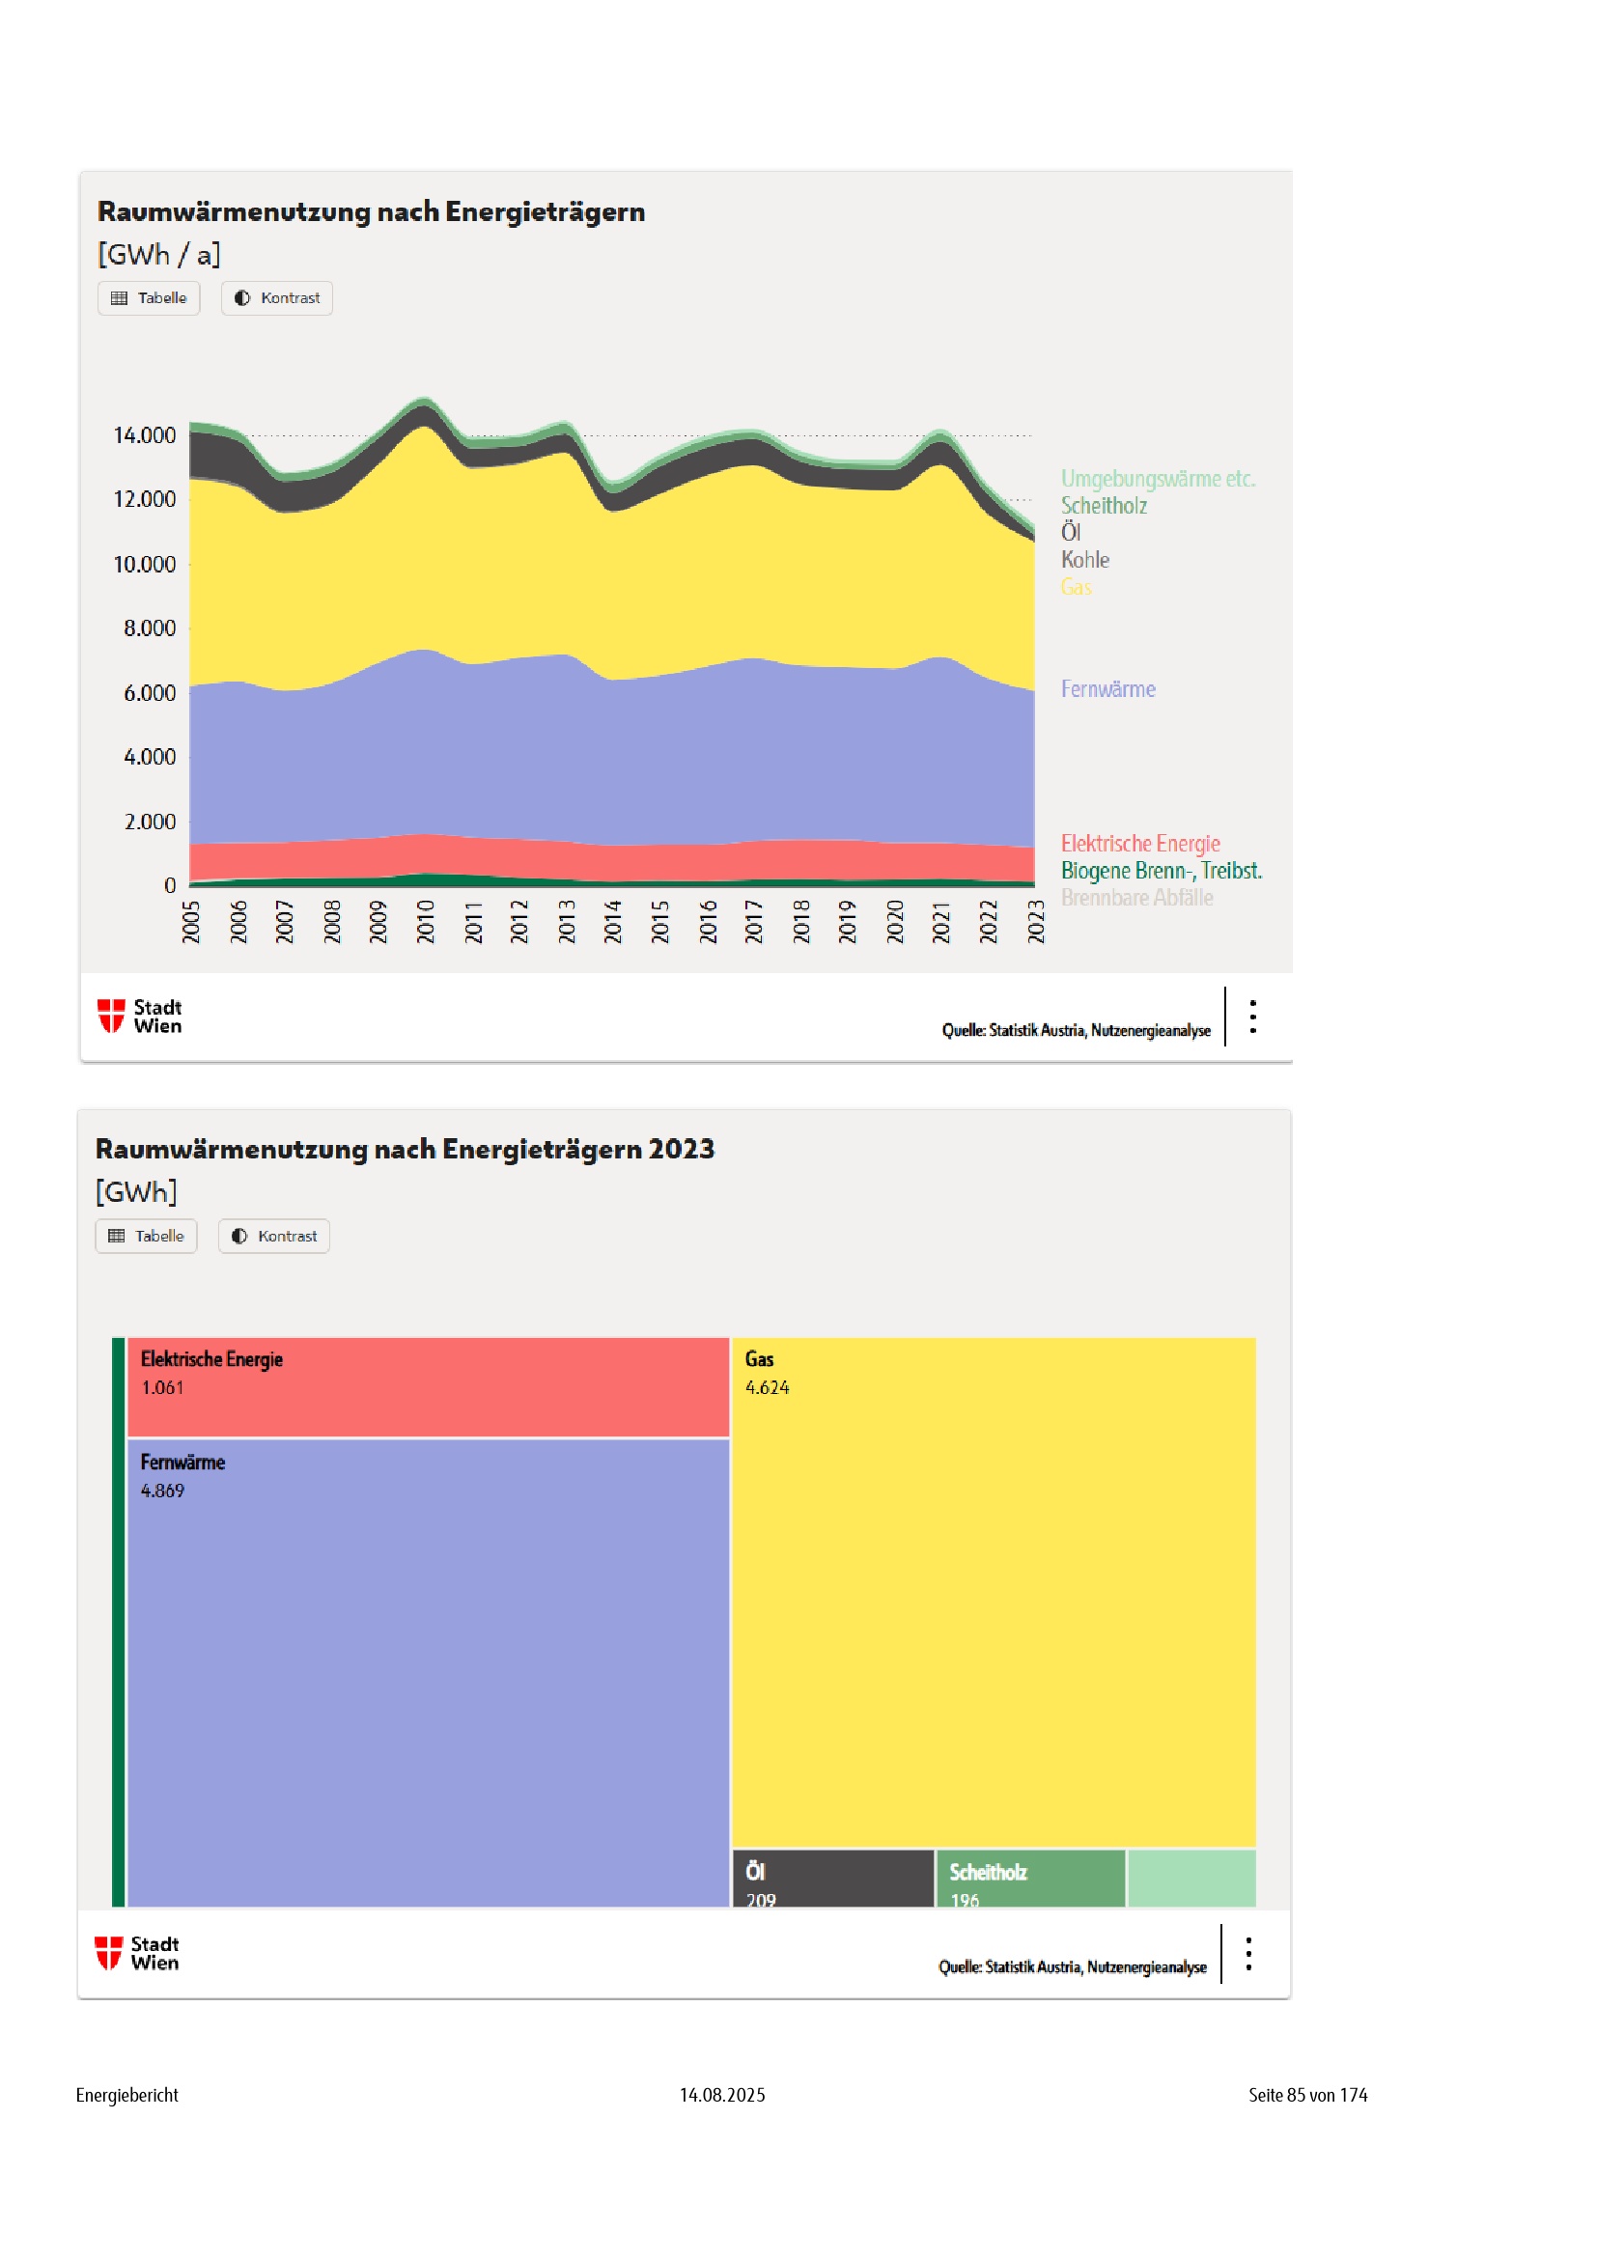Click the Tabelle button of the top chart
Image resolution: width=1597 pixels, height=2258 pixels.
pos(149,298)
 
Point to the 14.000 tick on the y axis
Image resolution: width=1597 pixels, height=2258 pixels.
pos(145,434)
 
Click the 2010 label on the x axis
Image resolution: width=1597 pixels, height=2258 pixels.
pos(426,922)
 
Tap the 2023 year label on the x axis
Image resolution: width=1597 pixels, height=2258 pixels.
pos(1035,922)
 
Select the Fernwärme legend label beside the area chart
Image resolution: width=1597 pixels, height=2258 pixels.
pos(1107,688)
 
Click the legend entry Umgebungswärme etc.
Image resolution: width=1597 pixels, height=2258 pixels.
pos(1158,479)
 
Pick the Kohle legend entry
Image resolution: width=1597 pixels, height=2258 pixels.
pos(1084,560)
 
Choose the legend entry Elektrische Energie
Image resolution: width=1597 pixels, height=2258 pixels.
pos(1139,843)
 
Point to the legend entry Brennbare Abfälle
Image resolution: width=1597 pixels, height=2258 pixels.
pos(1135,897)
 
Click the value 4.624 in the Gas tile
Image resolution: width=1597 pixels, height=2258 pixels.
pos(767,1386)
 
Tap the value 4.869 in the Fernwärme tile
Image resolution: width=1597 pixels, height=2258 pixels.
pos(162,1490)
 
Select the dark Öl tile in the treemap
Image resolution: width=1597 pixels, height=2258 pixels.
pos(832,1878)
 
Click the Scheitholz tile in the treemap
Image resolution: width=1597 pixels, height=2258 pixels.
pos(1028,1878)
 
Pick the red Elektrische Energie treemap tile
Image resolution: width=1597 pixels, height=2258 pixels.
pos(428,1386)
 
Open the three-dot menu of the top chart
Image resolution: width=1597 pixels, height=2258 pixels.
pos(1252,1016)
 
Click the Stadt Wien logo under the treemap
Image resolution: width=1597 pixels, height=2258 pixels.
pos(138,1953)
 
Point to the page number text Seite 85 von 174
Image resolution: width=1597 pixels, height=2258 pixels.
pos(1307,2095)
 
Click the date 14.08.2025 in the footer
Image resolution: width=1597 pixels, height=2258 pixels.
pos(722,2095)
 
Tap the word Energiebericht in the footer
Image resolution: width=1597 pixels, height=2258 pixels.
pos(126,2095)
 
